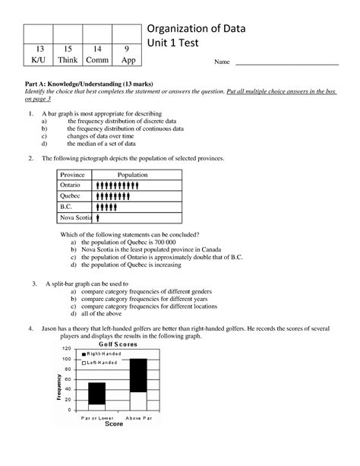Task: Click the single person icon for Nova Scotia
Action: pyautogui.click(x=99, y=217)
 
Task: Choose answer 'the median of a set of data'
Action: pyautogui.click(x=103, y=143)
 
